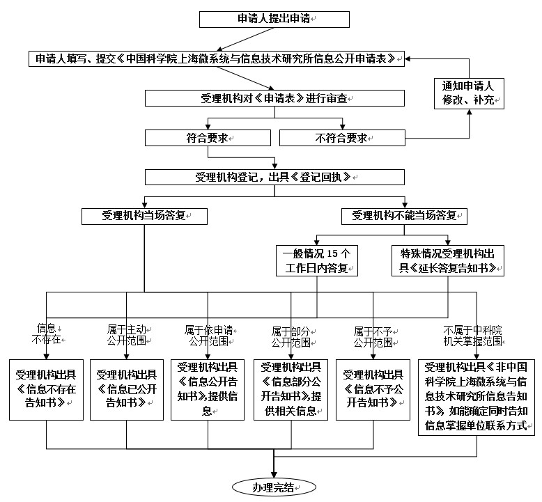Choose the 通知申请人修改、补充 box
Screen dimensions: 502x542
(x=467, y=93)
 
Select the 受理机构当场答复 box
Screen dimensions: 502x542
(x=144, y=216)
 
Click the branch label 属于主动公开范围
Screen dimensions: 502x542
(x=126, y=334)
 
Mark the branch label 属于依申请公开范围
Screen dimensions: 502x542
(x=208, y=334)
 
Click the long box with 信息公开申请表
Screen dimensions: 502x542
(x=217, y=58)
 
